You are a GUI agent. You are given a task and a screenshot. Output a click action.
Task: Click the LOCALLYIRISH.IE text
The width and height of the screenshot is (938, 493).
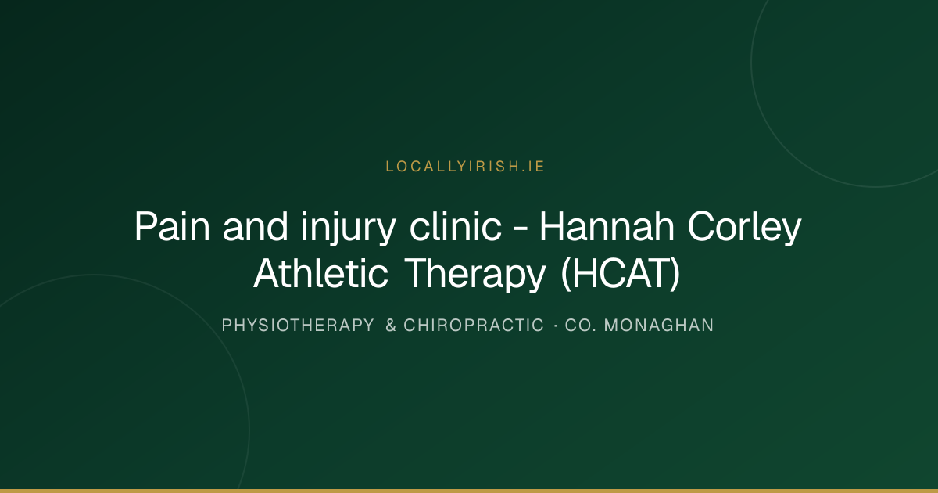(x=465, y=167)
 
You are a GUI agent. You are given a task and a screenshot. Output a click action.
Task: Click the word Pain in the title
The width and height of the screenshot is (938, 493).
(x=172, y=227)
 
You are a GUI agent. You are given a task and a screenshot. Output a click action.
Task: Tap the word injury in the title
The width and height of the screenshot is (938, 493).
(x=348, y=228)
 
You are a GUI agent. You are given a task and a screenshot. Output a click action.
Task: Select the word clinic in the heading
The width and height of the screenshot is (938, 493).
(x=455, y=226)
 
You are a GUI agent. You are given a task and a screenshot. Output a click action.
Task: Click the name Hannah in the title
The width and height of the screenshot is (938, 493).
(x=607, y=226)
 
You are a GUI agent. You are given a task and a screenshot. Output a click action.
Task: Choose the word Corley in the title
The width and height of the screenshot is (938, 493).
(x=744, y=228)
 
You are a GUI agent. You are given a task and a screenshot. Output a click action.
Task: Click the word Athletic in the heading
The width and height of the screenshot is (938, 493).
(x=320, y=273)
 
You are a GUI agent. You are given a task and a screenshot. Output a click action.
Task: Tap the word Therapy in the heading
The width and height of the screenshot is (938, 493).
(x=476, y=275)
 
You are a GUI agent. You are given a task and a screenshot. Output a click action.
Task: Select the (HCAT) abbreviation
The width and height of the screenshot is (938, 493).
(x=620, y=275)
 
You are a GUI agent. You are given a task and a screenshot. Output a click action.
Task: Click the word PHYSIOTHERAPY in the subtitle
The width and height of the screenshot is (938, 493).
(x=298, y=326)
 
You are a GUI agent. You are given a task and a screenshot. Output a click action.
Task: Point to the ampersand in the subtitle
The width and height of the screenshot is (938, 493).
(x=391, y=326)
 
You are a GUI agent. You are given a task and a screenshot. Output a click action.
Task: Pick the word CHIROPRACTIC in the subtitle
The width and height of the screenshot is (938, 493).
(x=474, y=326)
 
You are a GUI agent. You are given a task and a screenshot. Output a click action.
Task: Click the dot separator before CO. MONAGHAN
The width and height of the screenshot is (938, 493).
(x=556, y=326)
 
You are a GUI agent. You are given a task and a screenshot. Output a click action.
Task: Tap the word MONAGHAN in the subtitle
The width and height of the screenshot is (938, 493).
(x=659, y=326)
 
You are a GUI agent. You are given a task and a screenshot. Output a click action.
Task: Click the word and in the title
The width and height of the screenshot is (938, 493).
(x=256, y=226)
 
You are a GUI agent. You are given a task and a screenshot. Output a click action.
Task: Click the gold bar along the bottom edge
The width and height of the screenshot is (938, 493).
(x=469, y=491)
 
